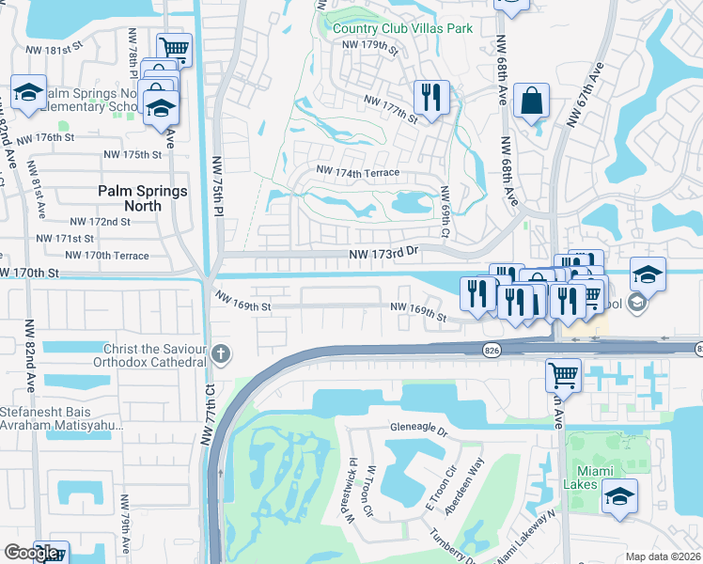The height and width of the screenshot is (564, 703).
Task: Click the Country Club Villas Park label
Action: point(402,28)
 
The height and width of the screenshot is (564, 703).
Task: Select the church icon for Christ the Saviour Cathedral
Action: point(221,354)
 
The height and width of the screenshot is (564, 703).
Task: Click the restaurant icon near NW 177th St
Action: point(431,96)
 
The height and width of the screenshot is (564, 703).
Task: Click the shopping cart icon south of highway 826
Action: point(563,374)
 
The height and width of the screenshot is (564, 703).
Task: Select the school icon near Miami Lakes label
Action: point(619,496)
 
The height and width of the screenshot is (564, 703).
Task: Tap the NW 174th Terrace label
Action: point(358,173)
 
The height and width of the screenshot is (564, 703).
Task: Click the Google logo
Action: point(31,553)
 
